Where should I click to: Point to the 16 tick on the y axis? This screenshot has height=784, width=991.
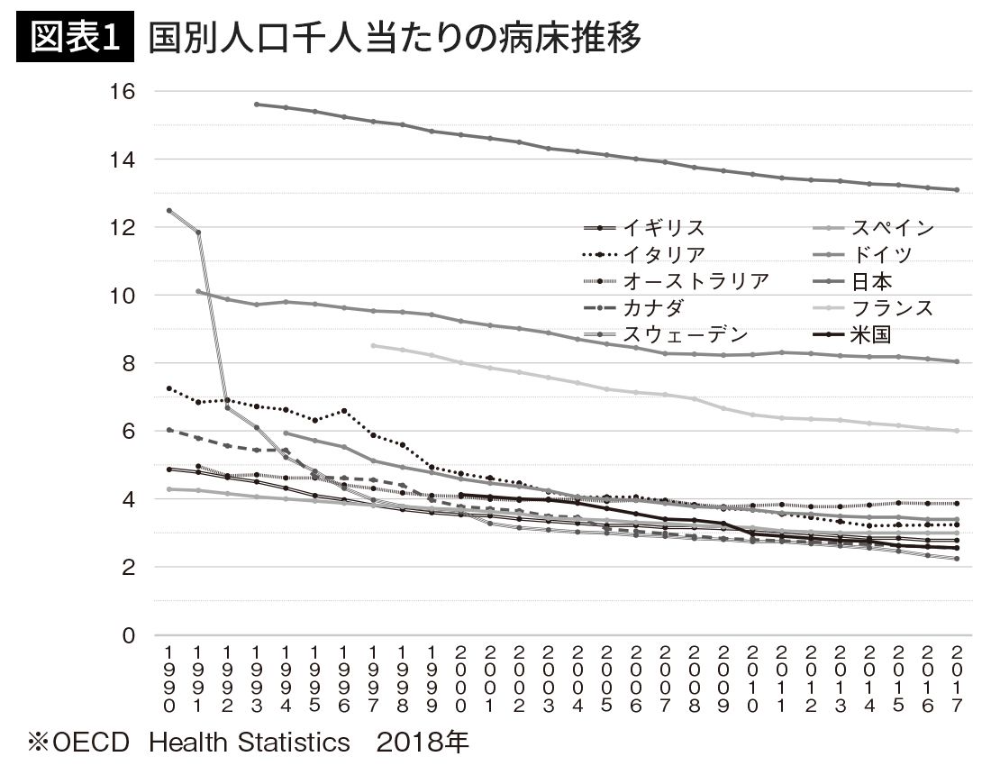[x=123, y=92]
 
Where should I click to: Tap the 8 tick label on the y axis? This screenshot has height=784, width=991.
[x=129, y=363]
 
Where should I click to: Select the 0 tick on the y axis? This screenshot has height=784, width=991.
[x=129, y=635]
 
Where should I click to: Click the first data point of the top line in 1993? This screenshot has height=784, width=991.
[x=257, y=105]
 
